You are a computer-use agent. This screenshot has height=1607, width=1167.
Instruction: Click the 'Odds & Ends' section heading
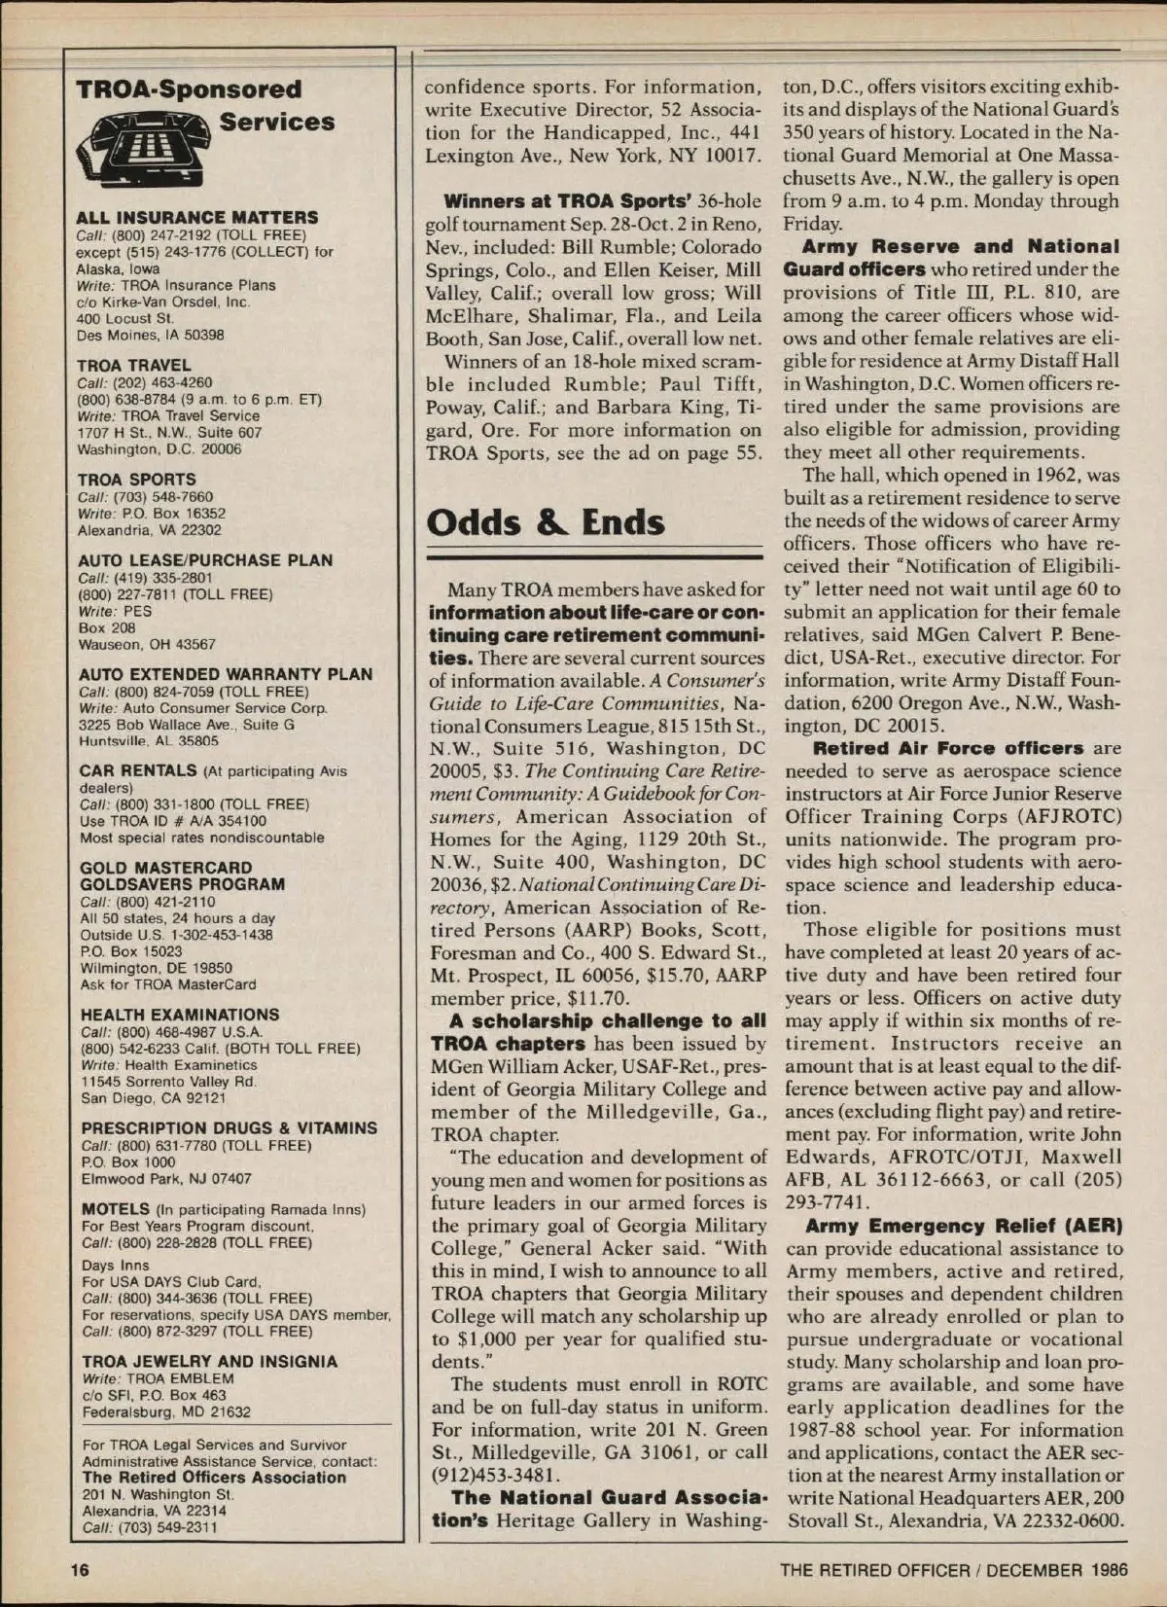pyautogui.click(x=546, y=522)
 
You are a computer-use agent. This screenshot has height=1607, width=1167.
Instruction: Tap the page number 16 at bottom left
pyautogui.click(x=79, y=1570)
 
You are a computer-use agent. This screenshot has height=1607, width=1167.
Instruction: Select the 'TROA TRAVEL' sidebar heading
pyautogui.click(x=134, y=366)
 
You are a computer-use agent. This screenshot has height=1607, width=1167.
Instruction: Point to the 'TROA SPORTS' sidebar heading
pyautogui.click(x=137, y=480)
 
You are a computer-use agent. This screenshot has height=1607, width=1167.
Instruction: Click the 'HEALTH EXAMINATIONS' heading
pyautogui.click(x=180, y=1015)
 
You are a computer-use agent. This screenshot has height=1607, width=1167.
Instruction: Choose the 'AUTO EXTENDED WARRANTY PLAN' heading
pyautogui.click(x=226, y=674)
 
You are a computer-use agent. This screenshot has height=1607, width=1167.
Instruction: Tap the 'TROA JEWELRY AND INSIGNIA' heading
pyautogui.click(x=210, y=1362)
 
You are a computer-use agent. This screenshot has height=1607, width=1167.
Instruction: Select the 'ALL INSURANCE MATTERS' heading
pyautogui.click(x=197, y=217)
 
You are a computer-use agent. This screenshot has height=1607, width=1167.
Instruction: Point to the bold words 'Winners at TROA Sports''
pyautogui.click(x=567, y=201)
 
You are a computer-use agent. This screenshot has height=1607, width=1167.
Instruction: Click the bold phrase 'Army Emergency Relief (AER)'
pyautogui.click(x=964, y=1226)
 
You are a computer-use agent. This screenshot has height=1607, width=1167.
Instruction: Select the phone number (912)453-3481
pyautogui.click(x=497, y=1474)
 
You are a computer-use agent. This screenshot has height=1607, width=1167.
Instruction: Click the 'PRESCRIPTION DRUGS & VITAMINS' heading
pyautogui.click(x=230, y=1128)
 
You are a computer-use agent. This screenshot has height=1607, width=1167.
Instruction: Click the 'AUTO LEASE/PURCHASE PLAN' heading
pyautogui.click(x=205, y=560)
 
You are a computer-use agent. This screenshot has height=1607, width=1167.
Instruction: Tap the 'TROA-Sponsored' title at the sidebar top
pyautogui.click(x=189, y=89)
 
